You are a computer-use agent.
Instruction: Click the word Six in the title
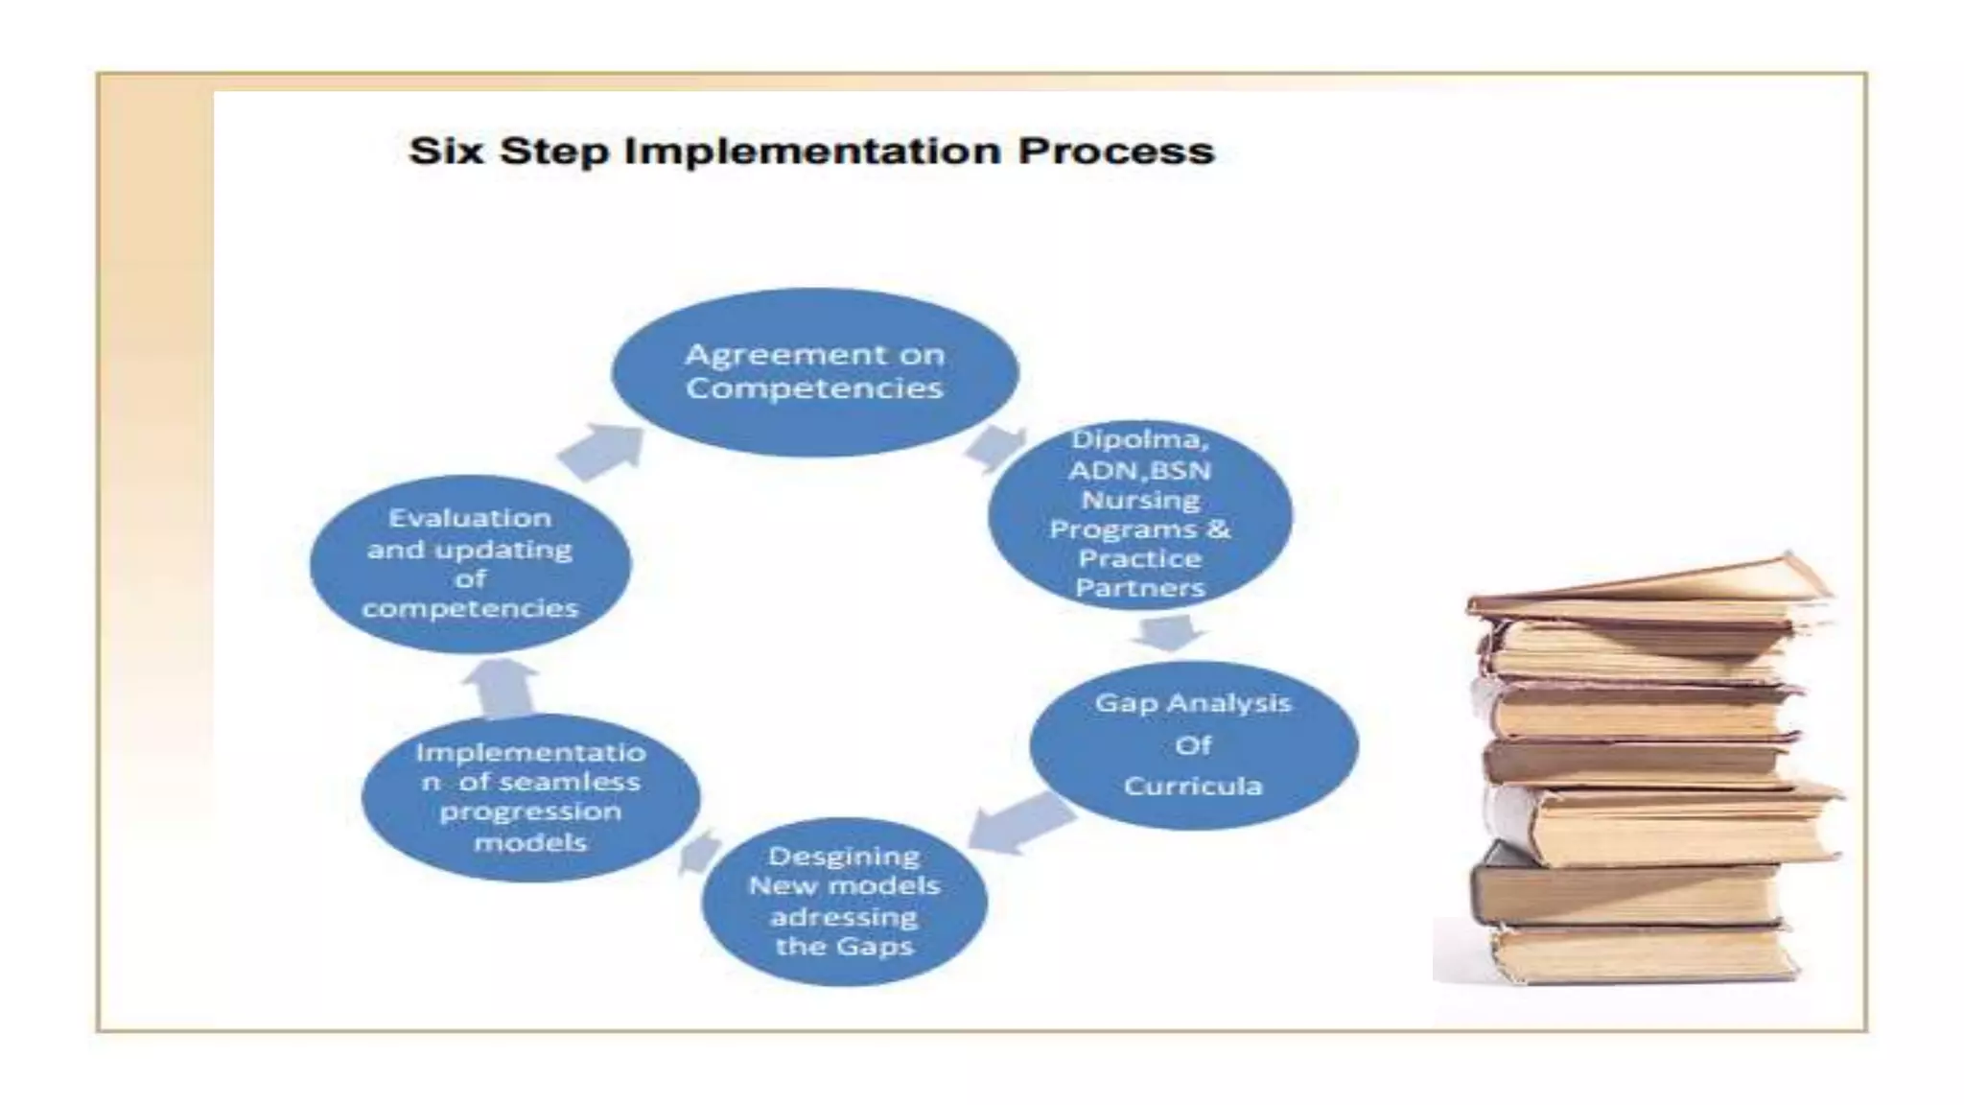446,152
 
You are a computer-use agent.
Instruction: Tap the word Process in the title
1116,152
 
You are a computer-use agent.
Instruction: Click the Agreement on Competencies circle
814,372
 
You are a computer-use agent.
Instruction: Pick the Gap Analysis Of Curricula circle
1193,744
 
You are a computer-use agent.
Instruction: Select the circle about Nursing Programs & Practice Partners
1139,513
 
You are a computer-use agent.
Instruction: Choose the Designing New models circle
844,901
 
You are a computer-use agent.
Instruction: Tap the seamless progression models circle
530,797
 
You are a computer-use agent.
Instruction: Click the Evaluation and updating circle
470,563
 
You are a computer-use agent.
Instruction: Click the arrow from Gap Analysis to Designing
1020,822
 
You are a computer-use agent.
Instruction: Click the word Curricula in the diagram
1193,787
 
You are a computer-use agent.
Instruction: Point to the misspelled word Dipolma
1139,439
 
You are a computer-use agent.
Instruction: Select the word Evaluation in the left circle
470,518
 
